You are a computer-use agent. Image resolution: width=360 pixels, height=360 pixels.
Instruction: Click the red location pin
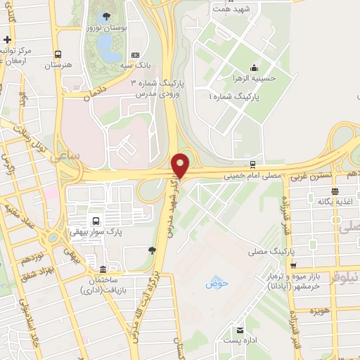coord(181,165)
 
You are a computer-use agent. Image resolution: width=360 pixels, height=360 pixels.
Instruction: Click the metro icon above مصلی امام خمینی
coord(262,165)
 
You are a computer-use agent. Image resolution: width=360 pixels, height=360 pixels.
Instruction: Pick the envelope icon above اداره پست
coord(241,330)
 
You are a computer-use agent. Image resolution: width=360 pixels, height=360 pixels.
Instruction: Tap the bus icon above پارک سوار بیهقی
coord(95,219)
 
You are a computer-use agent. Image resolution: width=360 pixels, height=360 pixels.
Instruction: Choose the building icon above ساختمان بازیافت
coord(103,270)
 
